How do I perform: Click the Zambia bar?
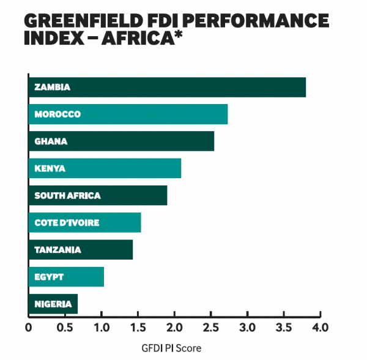167,87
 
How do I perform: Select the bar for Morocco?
128,114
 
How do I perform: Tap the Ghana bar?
121,141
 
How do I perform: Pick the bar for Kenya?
105,168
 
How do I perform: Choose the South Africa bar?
98,195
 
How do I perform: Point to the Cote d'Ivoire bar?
84,222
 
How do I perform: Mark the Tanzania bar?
80,250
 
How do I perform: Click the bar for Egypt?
66,277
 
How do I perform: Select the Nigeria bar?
53,304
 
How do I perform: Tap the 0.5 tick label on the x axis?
65,327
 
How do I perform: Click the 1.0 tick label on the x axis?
101,327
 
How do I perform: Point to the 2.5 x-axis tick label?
210,327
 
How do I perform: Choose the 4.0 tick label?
320,327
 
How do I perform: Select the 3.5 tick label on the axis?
283,327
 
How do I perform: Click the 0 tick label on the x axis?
29,327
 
